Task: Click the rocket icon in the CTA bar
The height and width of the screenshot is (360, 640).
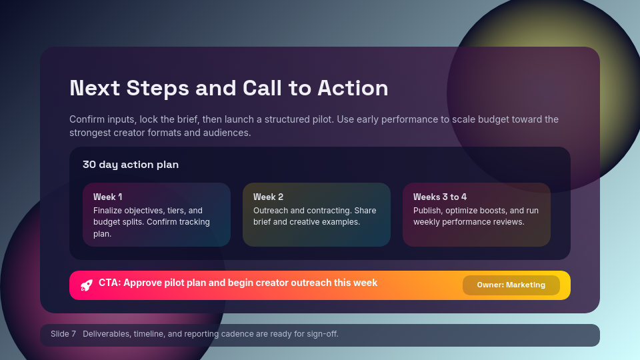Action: (x=86, y=285)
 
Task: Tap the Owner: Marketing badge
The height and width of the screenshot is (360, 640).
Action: (x=511, y=285)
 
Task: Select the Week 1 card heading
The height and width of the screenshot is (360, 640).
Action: (x=107, y=197)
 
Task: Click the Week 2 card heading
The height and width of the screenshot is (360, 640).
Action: (x=268, y=197)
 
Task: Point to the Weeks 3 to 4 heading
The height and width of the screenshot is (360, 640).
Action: (x=439, y=197)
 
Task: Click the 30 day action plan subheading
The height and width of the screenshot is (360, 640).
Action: (x=131, y=165)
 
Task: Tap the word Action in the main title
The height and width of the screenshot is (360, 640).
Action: (x=353, y=88)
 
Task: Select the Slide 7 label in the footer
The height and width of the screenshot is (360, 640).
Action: (x=63, y=334)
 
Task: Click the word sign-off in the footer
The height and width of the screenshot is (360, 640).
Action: (x=322, y=334)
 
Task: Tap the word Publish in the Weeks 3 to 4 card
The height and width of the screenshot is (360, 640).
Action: (x=427, y=211)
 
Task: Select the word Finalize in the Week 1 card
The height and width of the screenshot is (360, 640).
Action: (x=109, y=211)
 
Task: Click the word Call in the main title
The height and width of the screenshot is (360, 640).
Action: (x=266, y=88)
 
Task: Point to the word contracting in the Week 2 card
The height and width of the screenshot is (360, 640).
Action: (x=327, y=211)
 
